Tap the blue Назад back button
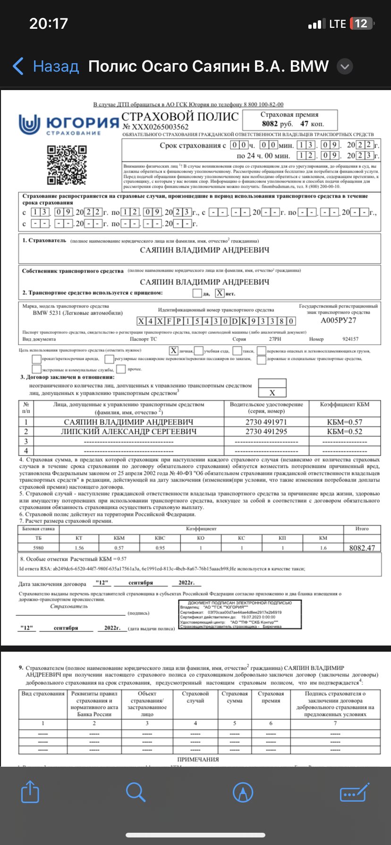(46, 66)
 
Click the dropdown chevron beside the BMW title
(345, 67)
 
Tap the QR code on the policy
(68, 165)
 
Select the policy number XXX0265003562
(155, 127)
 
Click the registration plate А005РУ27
(339, 320)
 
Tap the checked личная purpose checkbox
(174, 351)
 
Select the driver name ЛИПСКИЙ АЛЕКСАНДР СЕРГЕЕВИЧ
(129, 431)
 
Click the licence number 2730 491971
(266, 422)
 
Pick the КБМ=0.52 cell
(345, 431)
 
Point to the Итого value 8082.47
(362, 548)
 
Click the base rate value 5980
(38, 548)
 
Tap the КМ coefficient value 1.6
(323, 548)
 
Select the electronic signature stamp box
(240, 614)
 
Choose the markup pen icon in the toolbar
(243, 792)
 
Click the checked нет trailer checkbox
(220, 293)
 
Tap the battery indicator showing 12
(361, 24)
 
